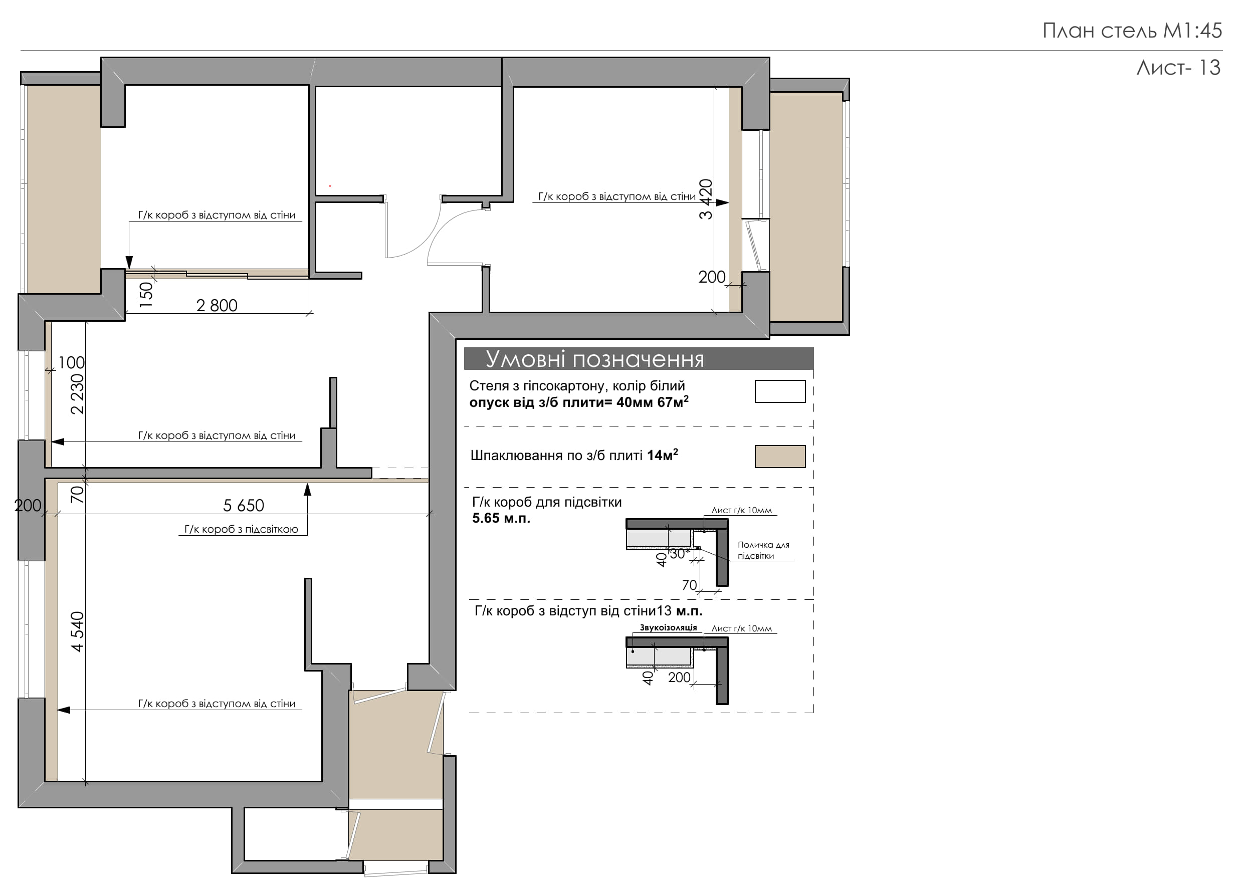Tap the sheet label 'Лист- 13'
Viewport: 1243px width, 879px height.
click(1178, 68)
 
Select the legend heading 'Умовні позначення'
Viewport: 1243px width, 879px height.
click(594, 359)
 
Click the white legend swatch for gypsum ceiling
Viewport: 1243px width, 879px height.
click(779, 391)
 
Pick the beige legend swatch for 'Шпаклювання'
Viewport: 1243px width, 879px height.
click(779, 456)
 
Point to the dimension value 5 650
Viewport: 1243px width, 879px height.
click(244, 506)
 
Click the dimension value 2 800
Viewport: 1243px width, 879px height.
click(217, 306)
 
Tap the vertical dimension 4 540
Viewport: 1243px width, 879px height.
click(77, 631)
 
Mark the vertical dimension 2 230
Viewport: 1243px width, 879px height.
click(77, 394)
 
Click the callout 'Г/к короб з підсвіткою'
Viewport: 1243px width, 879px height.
click(241, 529)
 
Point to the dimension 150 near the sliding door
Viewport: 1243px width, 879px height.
click(146, 295)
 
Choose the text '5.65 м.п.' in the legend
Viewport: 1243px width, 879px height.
click(501, 519)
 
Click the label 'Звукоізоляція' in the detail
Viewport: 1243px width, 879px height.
click(668, 628)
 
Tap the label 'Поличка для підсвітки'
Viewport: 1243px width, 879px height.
click(763, 550)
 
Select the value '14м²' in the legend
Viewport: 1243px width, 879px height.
click(662, 455)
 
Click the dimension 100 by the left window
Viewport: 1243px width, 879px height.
click(72, 363)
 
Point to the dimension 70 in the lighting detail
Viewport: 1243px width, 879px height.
click(689, 586)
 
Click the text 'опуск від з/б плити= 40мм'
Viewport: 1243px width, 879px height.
click(561, 403)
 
